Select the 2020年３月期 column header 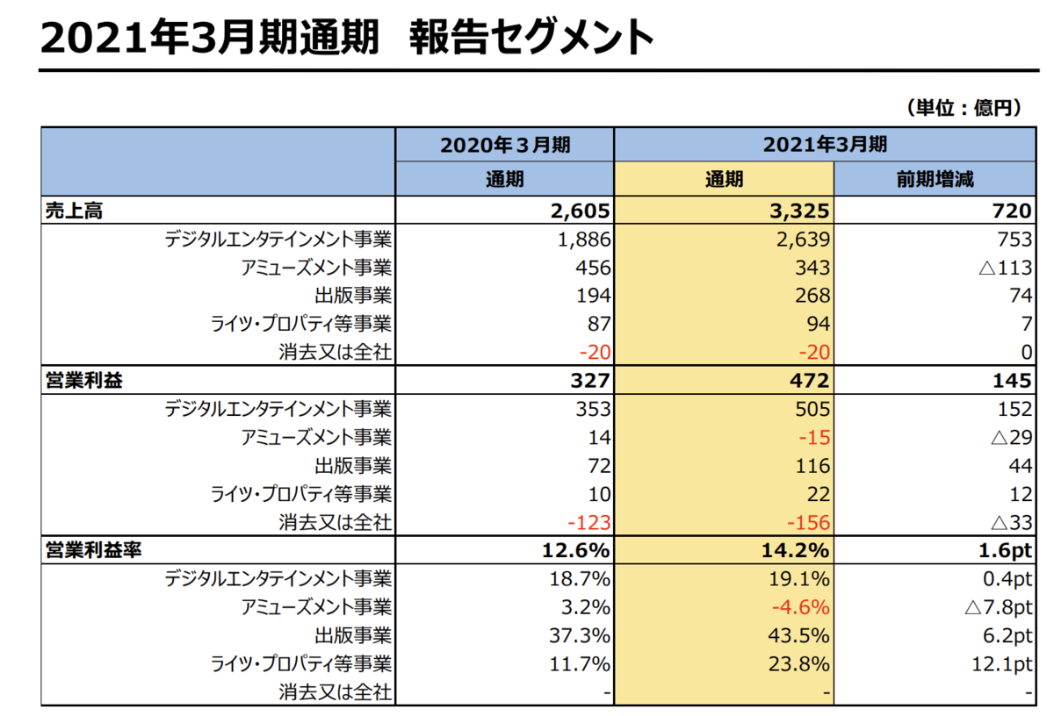(505, 145)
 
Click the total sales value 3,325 (797, 211)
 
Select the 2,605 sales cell (578, 211)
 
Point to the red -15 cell (813, 437)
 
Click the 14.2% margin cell (797, 551)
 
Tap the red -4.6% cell (799, 607)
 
